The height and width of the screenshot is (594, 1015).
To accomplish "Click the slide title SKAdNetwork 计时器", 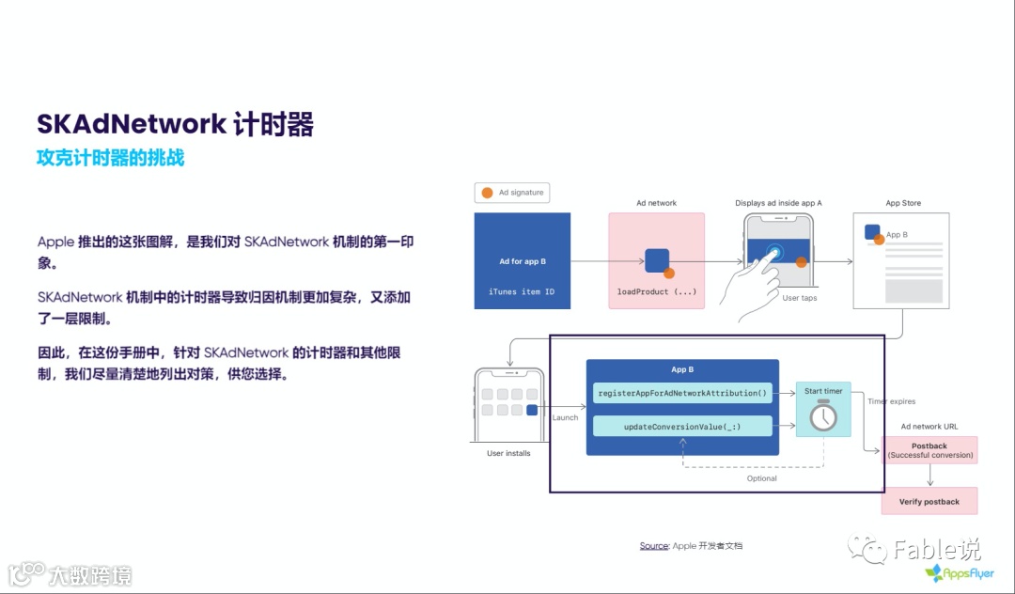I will [175, 125].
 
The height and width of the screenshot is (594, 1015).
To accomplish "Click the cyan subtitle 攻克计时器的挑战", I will [110, 158].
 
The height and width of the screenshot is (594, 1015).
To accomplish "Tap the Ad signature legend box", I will [512, 193].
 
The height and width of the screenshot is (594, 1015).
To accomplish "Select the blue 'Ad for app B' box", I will [523, 260].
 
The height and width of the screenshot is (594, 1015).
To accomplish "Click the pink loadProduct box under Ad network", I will [656, 260].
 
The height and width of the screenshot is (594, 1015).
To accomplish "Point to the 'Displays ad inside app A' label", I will [778, 203].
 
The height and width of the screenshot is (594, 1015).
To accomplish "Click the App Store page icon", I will [900, 259].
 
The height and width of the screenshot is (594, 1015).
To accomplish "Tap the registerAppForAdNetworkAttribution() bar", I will [682, 393].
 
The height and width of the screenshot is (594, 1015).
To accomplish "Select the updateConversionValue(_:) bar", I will [682, 427].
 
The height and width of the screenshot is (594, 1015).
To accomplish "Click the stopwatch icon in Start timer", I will [823, 415].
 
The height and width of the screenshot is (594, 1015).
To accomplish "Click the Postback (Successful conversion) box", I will [929, 450].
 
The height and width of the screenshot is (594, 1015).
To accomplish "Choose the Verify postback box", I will [929, 502].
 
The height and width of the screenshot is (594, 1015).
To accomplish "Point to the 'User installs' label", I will [508, 453].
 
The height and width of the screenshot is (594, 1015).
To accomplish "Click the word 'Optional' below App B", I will [761, 478].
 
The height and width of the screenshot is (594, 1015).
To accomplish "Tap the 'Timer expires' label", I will [891, 401].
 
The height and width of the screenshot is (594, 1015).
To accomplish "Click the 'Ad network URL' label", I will [929, 427].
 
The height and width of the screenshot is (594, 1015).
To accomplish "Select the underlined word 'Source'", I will [654, 546].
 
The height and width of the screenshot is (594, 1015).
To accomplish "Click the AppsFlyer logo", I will [959, 572].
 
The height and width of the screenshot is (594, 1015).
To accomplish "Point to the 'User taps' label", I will [800, 298].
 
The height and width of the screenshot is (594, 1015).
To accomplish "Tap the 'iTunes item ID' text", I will [522, 291].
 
